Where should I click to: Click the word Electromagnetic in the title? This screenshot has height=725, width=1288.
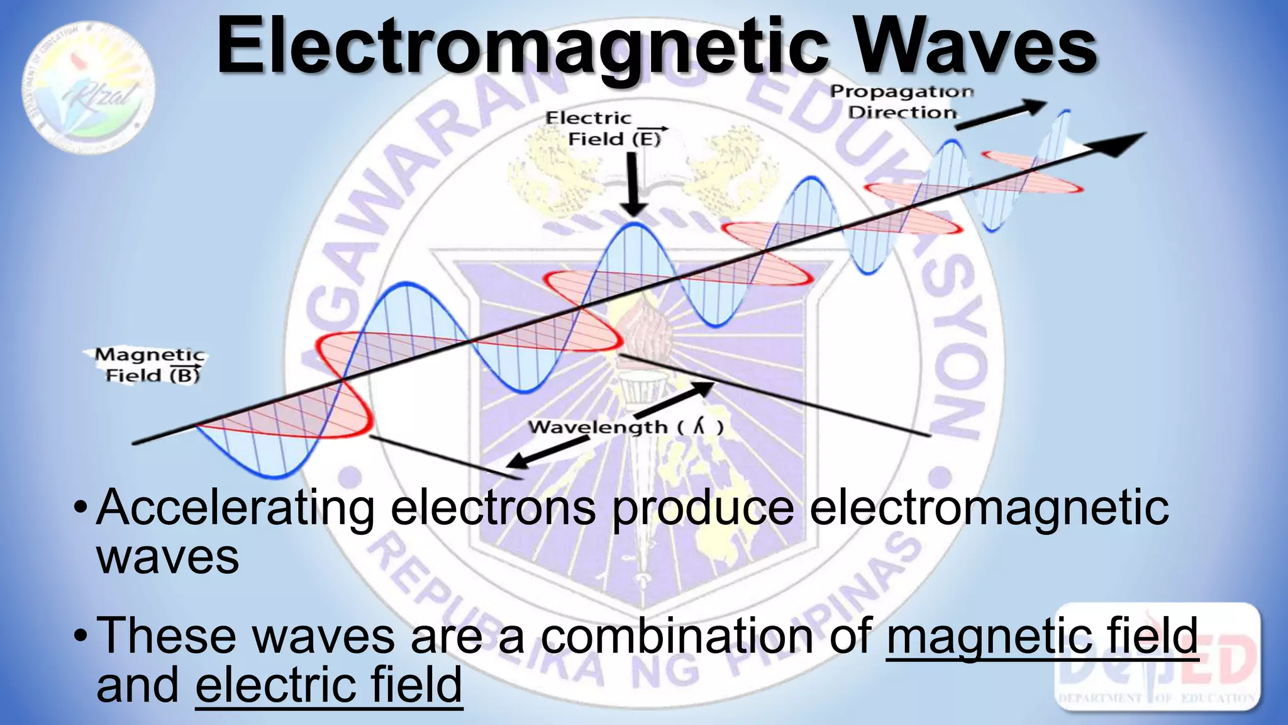tap(522, 47)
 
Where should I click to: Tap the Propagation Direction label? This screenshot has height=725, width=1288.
tap(901, 102)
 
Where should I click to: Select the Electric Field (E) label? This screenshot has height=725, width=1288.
tap(604, 128)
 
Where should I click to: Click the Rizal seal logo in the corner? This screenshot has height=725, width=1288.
tap(89, 88)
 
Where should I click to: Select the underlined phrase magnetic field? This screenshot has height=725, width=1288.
tap(1041, 636)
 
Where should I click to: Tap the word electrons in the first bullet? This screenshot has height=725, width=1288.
tap(493, 509)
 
